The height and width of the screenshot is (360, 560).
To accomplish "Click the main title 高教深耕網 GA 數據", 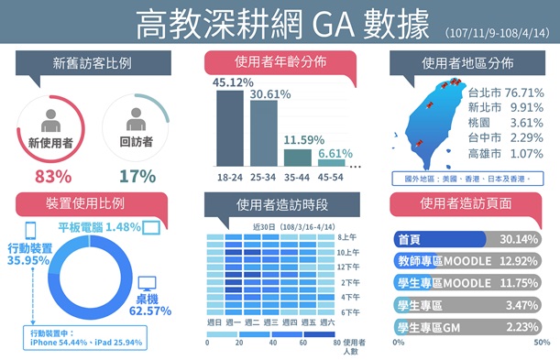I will tap(282, 25).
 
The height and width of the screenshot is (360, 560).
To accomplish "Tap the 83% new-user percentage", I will tap(52, 176).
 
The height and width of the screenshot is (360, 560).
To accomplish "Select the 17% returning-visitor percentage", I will tap(137, 176).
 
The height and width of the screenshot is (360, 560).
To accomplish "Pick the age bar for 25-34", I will tap(263, 133).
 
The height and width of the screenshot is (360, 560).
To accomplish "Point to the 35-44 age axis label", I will tap(297, 175).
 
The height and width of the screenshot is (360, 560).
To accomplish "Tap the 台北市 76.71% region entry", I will tap(505, 93).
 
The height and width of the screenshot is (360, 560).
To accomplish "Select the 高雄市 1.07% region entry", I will tap(505, 153).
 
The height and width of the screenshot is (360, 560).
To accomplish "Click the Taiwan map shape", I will tap(428, 123).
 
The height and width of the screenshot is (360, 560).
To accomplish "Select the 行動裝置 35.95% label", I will tap(31, 254).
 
